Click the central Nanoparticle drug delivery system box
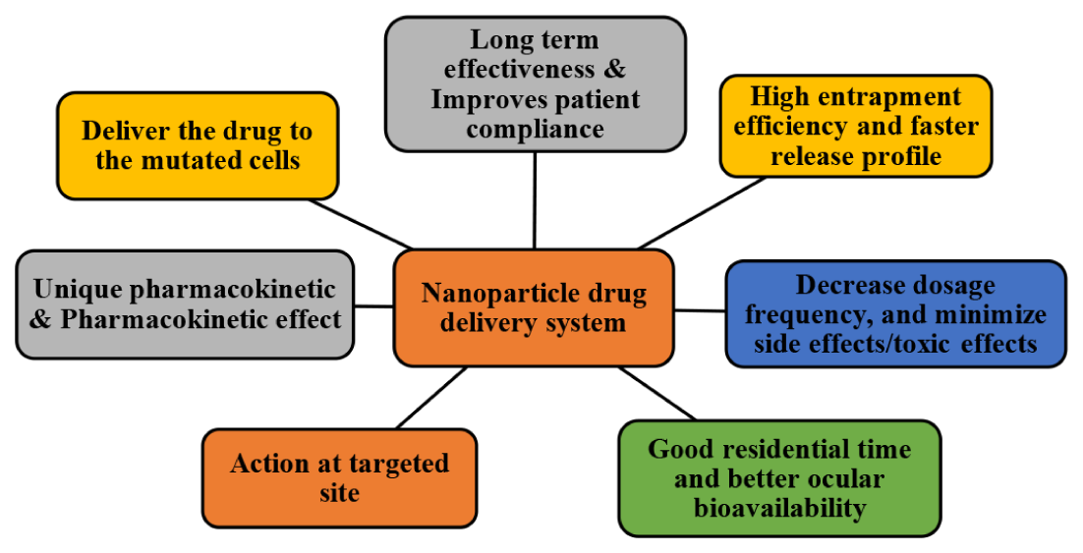coord(534,307)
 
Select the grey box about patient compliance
coord(536,83)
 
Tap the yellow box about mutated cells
coord(198,145)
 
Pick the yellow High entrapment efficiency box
coord(856,126)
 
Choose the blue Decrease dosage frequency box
coord(896,314)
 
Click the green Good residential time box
coord(779,478)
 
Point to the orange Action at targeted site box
coord(340,477)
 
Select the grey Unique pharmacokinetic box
coord(185,304)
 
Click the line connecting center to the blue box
coord(700,310)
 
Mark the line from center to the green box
coord(657,394)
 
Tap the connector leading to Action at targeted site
coord(431,398)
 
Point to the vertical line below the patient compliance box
coord(535,200)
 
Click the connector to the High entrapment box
coord(701,213)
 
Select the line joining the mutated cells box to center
coord(361,224)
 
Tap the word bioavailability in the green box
coord(779,508)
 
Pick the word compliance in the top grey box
coord(536,129)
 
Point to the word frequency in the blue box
coord(803,315)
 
